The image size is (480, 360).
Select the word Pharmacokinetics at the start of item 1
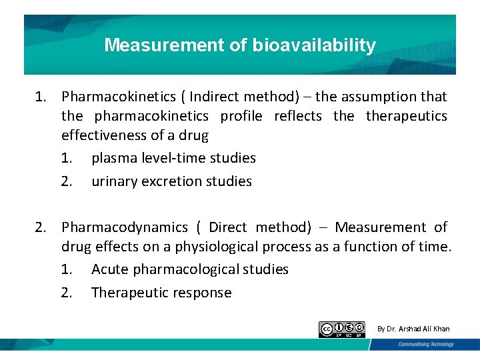tap(118, 97)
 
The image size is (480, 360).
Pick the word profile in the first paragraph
tap(241, 116)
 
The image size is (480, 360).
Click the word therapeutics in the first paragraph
tap(407, 116)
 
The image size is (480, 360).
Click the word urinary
tap(115, 181)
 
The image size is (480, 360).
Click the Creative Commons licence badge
tap(342, 329)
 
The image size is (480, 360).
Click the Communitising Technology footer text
tap(426, 345)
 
